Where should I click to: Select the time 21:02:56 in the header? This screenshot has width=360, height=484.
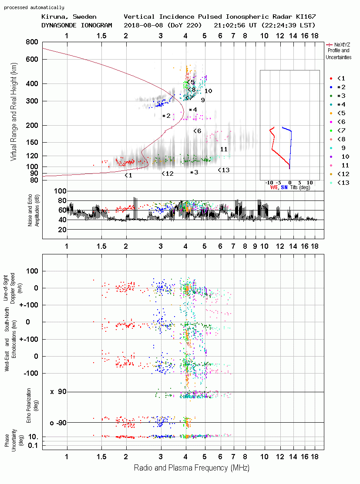click(229, 25)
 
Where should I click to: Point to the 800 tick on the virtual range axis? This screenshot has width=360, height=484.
click(32, 42)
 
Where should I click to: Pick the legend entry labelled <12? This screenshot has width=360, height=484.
click(343, 174)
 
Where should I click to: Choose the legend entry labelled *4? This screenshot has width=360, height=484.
click(341, 105)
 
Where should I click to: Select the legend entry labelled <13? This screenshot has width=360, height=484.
click(343, 183)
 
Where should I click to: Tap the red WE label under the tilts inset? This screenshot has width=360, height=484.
click(274, 187)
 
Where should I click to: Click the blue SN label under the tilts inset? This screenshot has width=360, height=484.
click(284, 187)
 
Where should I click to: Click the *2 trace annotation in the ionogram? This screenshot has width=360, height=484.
click(166, 116)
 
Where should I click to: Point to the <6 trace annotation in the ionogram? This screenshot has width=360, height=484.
click(197, 131)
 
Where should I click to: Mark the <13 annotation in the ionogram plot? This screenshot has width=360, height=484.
click(224, 170)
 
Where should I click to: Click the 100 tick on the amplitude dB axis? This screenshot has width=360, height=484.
click(60, 191)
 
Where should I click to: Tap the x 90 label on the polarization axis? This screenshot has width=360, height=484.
click(58, 392)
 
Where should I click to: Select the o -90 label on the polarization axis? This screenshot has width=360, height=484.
click(58, 423)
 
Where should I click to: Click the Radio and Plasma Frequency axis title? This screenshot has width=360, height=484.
click(192, 468)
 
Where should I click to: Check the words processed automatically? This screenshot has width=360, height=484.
click(34, 7)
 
